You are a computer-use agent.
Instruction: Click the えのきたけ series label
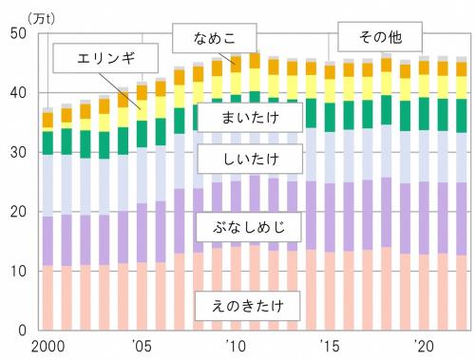(246, 306)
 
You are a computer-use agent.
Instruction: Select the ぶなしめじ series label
(246, 228)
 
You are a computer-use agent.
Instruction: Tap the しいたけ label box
(246, 157)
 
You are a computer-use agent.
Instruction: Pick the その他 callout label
(379, 38)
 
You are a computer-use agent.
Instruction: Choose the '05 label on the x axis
(141, 346)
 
